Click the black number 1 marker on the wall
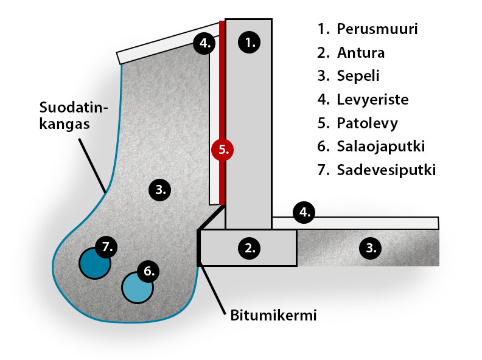[x=250, y=41]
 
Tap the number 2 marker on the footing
[x=250, y=247]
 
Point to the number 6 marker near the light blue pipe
[x=148, y=271]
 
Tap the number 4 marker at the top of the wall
[x=205, y=43]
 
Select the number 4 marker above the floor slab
[x=304, y=212]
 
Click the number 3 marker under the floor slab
[x=371, y=247]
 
